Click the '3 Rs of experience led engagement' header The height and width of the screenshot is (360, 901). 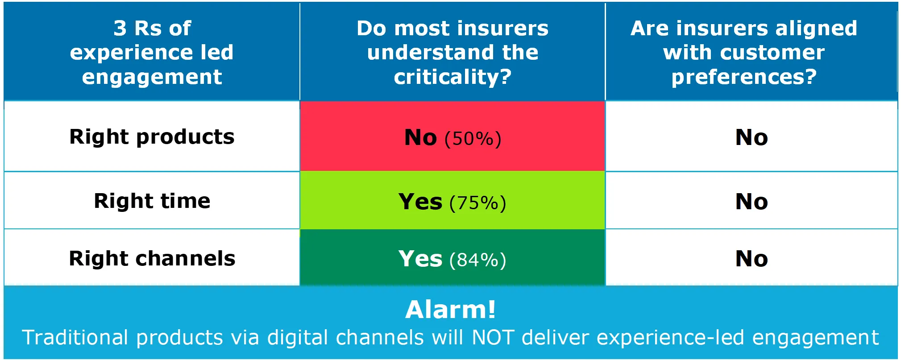tap(152, 52)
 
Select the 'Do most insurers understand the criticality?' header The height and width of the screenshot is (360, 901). tap(453, 52)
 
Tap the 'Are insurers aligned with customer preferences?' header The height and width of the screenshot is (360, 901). tap(744, 52)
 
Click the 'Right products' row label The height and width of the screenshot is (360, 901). tap(152, 137)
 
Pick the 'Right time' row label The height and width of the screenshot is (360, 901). tap(152, 201)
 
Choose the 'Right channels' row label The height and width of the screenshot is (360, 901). tap(152, 258)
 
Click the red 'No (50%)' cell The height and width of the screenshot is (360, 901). tap(453, 137)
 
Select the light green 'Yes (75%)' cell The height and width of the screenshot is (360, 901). tap(453, 201)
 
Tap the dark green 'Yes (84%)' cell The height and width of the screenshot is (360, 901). tap(453, 258)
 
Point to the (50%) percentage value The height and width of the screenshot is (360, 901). tap(473, 138)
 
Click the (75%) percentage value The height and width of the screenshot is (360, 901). tap(478, 203)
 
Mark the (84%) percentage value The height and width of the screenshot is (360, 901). tap(478, 260)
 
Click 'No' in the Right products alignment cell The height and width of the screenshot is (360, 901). tap(752, 137)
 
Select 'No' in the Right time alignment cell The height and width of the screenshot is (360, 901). tap(752, 202)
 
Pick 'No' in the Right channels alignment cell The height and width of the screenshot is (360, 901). tap(752, 259)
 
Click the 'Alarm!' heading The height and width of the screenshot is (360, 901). tap(451, 310)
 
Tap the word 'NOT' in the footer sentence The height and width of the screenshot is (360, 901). tap(493, 338)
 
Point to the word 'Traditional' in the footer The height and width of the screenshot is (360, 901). tap(75, 338)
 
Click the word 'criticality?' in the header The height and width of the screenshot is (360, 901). tap(453, 77)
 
